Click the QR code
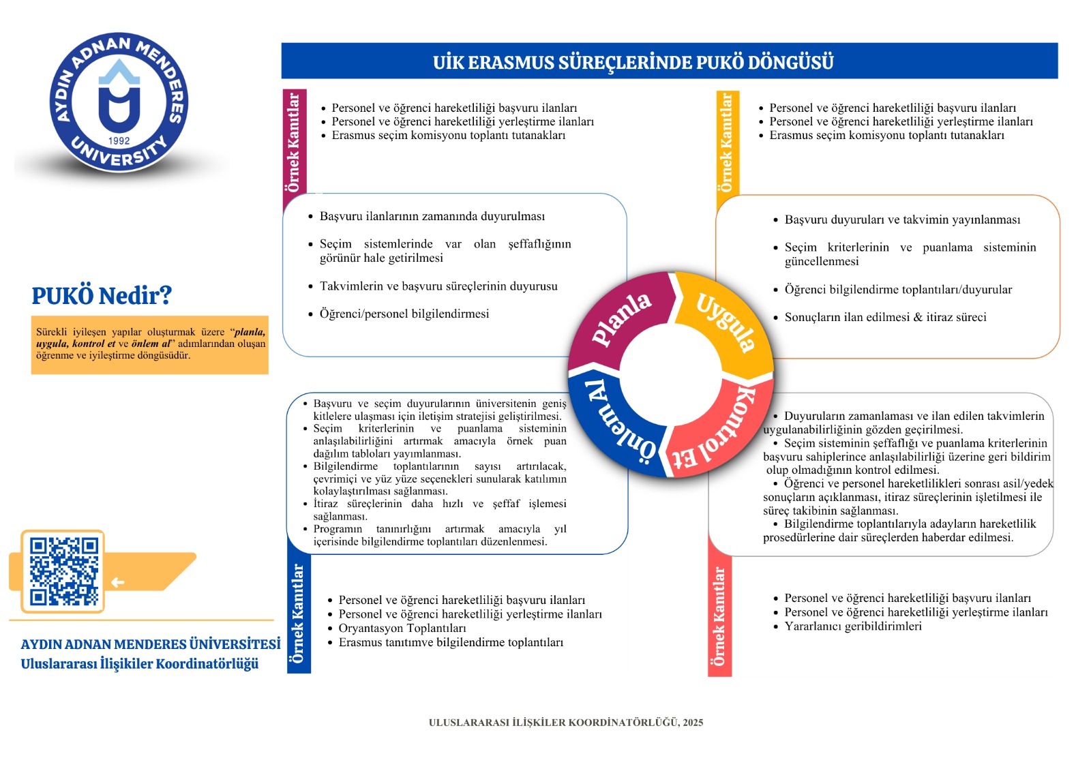tap(63, 571)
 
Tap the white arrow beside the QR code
tap(118, 582)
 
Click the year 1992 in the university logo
tap(119, 140)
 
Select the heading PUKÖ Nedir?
tap(102, 296)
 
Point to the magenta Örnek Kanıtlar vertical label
tap(294, 143)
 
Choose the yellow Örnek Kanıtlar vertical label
tap(727, 143)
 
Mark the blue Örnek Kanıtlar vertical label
tap(298, 614)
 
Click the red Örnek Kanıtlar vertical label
tap(719, 617)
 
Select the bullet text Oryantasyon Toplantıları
tap(402, 628)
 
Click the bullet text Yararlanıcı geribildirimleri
tap(852, 626)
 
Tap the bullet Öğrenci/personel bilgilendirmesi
tap(404, 314)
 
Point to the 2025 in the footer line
tap(693, 723)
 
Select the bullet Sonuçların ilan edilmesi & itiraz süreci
tap(885, 317)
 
